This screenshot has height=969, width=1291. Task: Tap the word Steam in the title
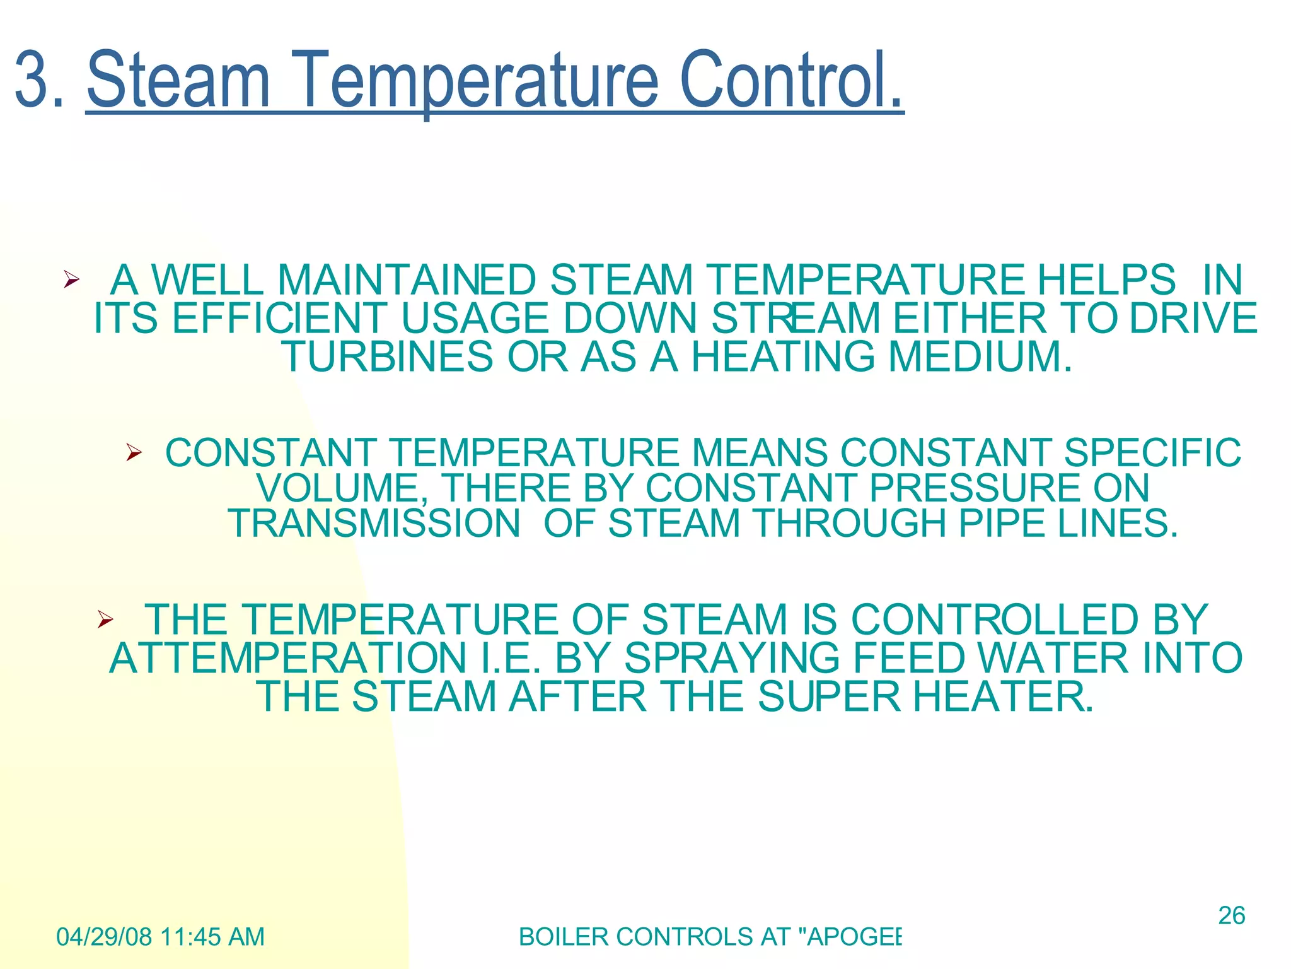click(178, 81)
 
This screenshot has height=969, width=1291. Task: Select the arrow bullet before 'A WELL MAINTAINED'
click(71, 279)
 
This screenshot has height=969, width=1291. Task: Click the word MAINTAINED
click(407, 279)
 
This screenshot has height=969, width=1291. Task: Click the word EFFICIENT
click(279, 318)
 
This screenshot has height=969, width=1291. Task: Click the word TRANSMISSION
click(374, 524)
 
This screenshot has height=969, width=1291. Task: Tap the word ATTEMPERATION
click(287, 658)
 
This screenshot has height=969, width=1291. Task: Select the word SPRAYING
click(732, 658)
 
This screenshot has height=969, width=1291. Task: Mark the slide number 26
click(1231, 915)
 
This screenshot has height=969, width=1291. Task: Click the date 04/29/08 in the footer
click(104, 937)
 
